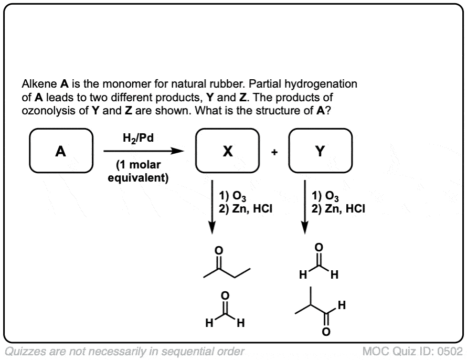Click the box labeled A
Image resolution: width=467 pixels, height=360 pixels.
tap(61, 152)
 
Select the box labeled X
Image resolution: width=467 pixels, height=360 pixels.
tap(227, 152)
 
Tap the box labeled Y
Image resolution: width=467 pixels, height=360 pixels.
tap(320, 152)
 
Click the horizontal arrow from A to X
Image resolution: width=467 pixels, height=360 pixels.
tap(144, 151)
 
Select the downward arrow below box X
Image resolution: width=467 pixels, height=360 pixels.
tap(212, 207)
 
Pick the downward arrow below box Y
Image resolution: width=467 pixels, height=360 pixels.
tap(304, 207)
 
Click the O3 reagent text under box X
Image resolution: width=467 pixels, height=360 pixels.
tap(232, 197)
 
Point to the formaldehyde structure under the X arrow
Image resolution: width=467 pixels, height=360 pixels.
tap(225, 313)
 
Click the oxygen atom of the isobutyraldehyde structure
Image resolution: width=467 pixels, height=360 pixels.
tap(326, 332)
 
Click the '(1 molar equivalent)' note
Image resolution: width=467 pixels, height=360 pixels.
tap(138, 172)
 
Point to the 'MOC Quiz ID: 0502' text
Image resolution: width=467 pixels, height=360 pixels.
tap(412, 351)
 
